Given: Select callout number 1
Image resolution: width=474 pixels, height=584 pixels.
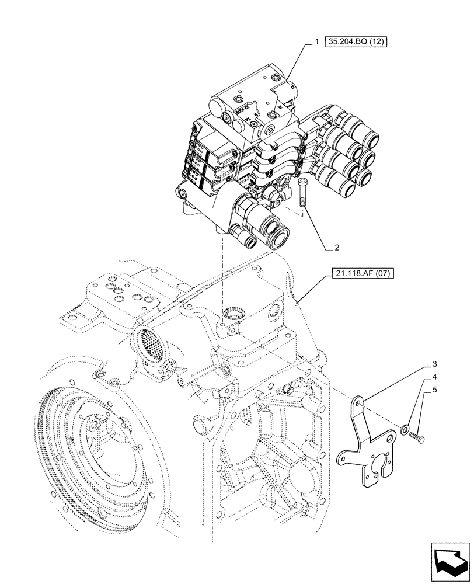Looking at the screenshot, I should (x=316, y=42).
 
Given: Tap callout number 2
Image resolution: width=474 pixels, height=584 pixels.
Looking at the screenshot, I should (x=336, y=247).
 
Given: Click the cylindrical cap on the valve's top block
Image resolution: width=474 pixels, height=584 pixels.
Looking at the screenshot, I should (x=216, y=109).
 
